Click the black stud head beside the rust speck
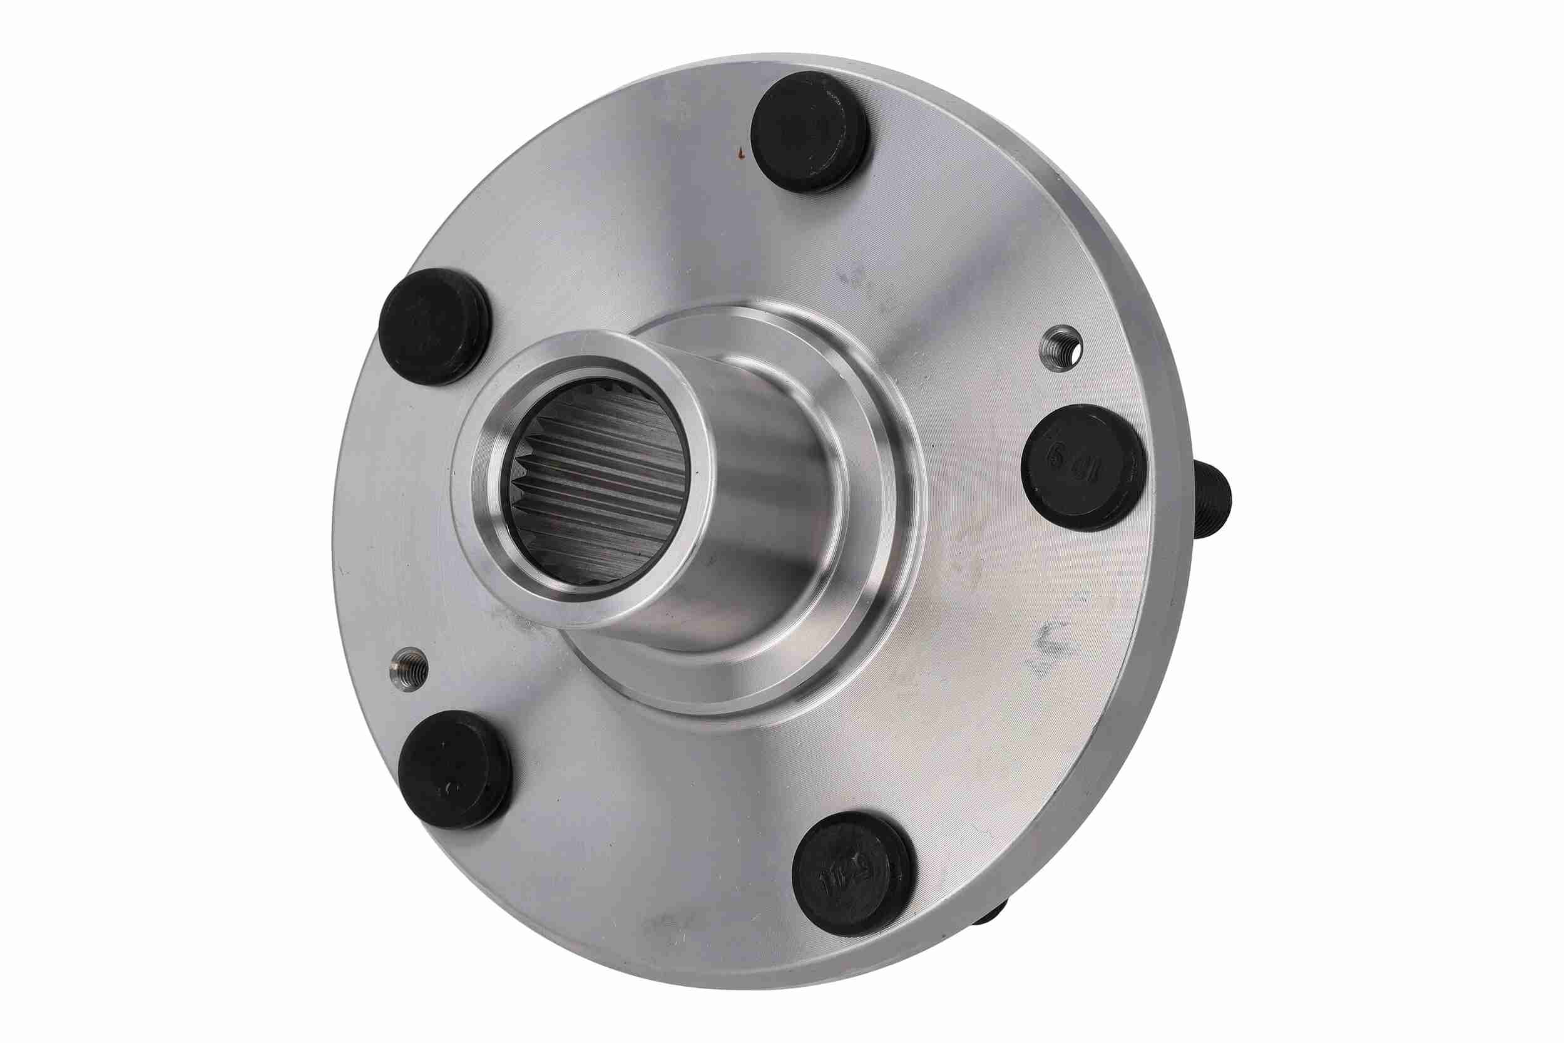pos(810,131)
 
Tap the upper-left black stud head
pos(434,326)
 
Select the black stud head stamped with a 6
pos(1082,467)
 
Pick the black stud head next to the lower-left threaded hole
pos(455,768)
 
